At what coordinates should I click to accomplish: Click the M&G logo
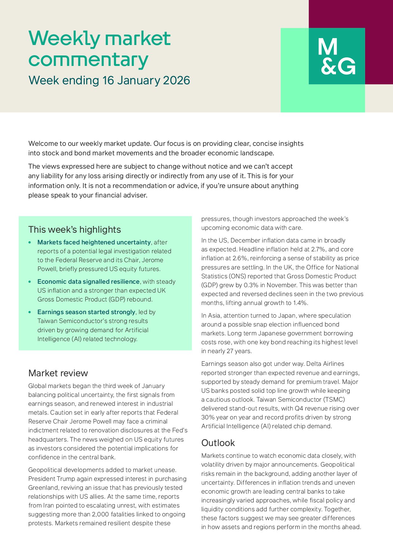pos(337,56)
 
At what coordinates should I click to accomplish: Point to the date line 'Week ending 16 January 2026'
pos(109,81)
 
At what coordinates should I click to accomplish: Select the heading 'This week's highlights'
pos(74,230)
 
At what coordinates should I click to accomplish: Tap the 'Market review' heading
pos(58,373)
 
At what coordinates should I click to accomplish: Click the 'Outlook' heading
pos(218,443)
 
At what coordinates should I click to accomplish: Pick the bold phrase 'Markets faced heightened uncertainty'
pos(94,242)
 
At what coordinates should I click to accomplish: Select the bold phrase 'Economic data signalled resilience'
pos(88,282)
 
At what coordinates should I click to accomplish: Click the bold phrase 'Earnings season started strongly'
pos(86,312)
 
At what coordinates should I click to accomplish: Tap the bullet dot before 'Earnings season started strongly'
pos(30,312)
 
